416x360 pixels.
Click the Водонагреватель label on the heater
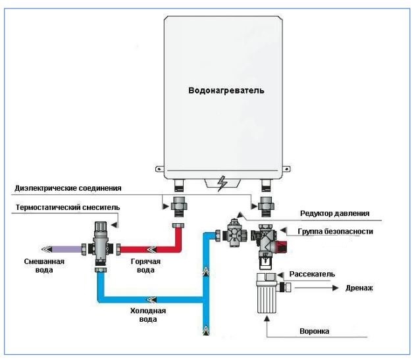(226, 90)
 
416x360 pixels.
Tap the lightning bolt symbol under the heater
(222, 184)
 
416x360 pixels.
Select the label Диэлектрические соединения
(68, 188)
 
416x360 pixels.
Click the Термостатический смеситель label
(68, 207)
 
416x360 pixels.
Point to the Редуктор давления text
(335, 213)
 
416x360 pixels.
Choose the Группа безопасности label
(335, 232)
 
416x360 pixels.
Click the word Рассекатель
(312, 274)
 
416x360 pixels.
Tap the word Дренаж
(359, 288)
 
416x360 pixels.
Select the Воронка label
(315, 331)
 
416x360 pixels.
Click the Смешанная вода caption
(44, 266)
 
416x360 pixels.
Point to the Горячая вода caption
(145, 266)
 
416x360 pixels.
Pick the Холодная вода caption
(148, 315)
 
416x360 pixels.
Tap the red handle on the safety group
(282, 246)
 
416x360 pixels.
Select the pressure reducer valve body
(234, 234)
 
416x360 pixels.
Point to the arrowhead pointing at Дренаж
(336, 288)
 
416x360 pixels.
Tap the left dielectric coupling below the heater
(179, 207)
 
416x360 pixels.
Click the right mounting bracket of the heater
(286, 169)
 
